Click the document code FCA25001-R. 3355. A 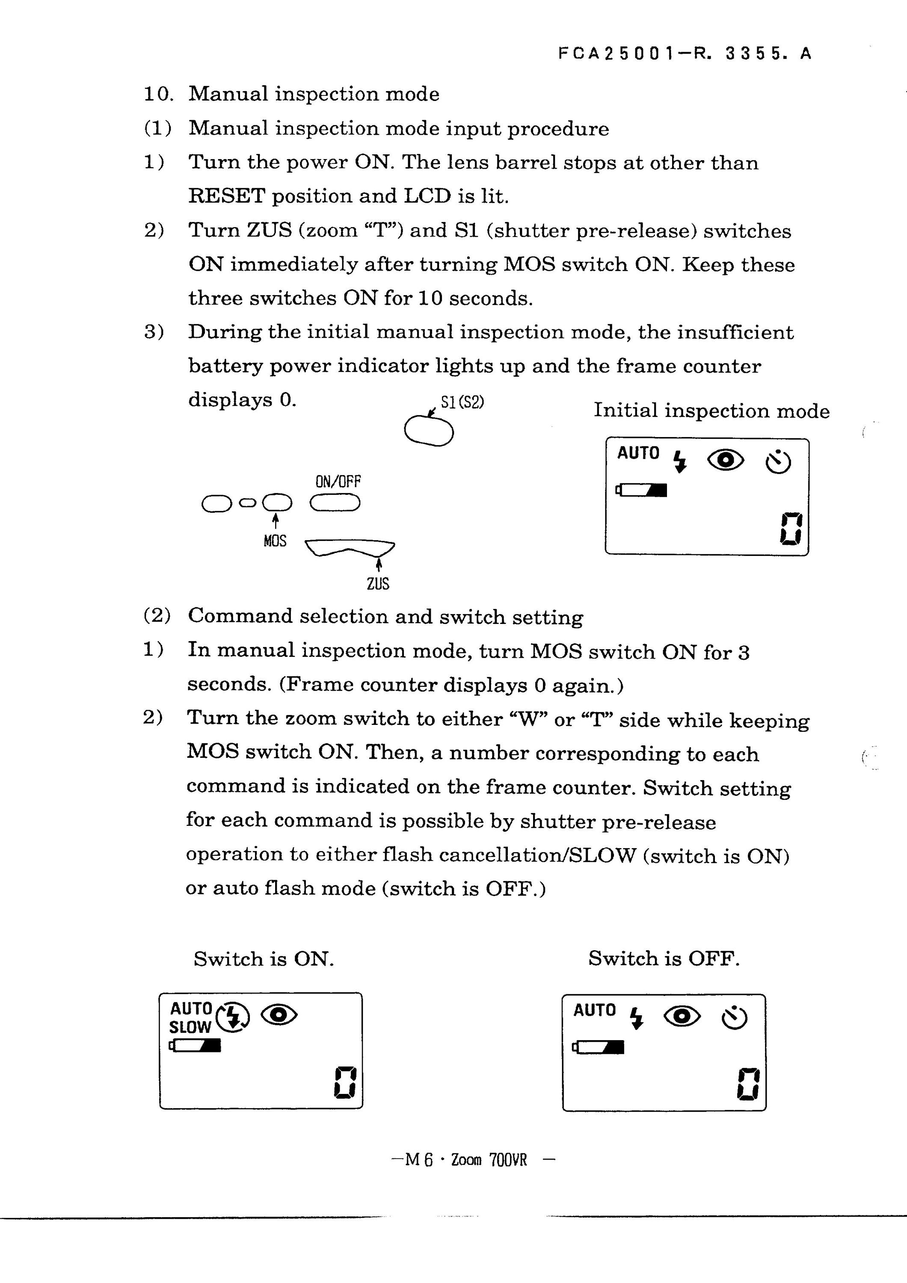click(685, 53)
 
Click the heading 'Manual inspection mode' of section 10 click(314, 94)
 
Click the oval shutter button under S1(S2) click(429, 431)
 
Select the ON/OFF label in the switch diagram click(338, 481)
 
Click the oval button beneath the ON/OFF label click(335, 503)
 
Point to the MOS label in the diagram click(275, 541)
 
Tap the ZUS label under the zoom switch click(378, 583)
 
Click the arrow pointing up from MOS click(275, 521)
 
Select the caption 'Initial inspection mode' click(711, 411)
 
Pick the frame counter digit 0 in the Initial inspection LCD click(791, 529)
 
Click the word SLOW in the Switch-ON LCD click(190, 1027)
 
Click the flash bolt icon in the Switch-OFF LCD click(636, 1018)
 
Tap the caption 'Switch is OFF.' click(664, 958)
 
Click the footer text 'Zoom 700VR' click(489, 1160)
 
